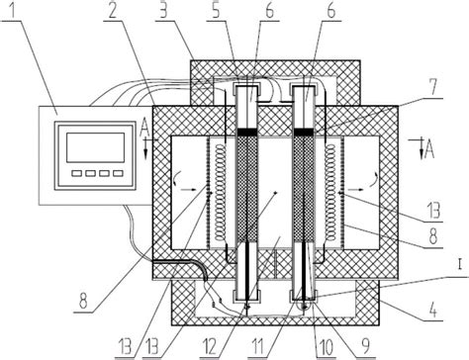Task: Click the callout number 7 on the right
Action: pos(434,87)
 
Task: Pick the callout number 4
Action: pos(434,310)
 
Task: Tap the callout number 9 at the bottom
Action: pos(364,346)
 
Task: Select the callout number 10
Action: pos(325,346)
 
